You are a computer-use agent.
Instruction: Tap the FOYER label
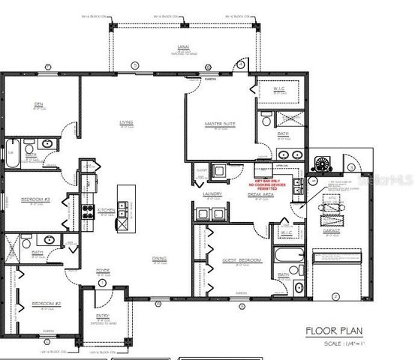coord(103,270)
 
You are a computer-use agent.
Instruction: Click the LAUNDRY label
coord(211,194)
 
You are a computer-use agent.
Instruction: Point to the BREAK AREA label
coord(260,194)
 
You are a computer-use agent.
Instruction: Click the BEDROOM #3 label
coord(35,199)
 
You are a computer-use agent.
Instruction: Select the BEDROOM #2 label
coord(41,303)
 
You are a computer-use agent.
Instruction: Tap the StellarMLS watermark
coord(386,181)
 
